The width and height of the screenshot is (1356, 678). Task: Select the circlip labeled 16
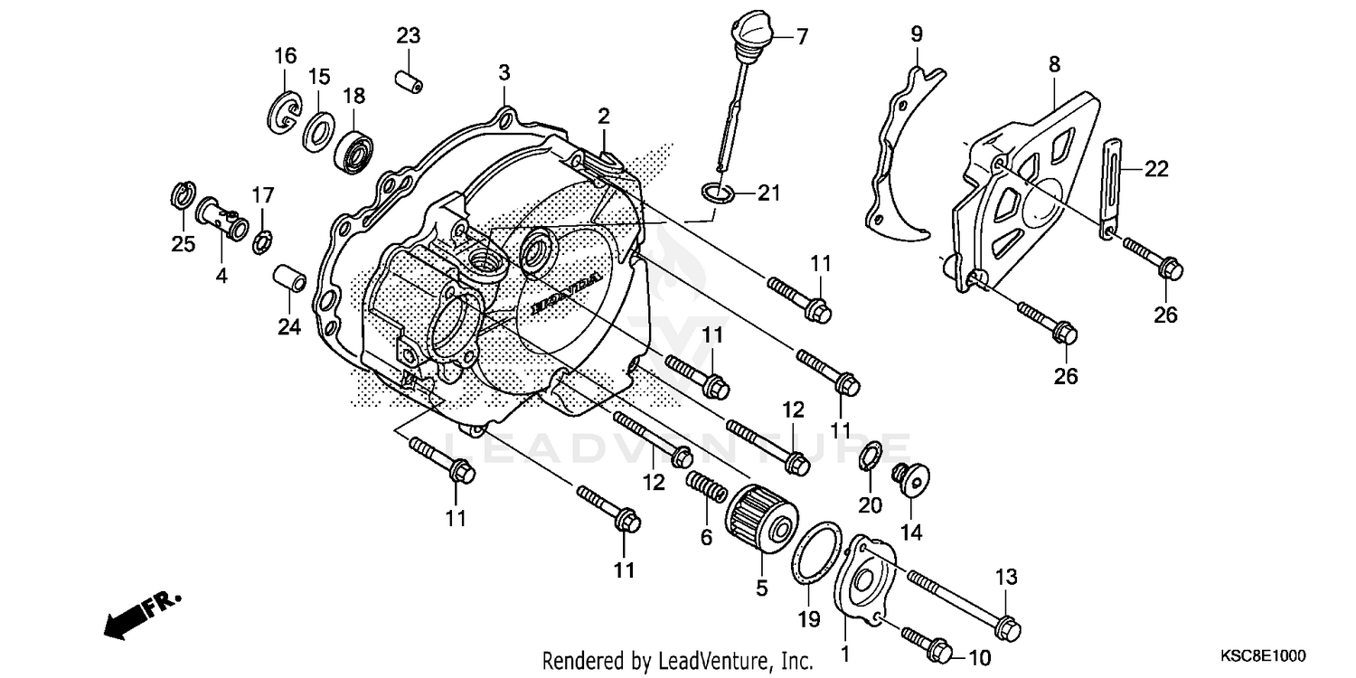(x=285, y=112)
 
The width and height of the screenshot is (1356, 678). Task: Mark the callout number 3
(x=504, y=72)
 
